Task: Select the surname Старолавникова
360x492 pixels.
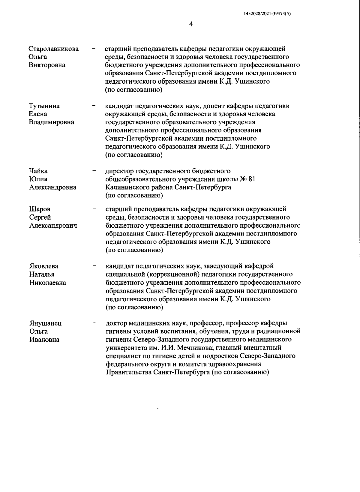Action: click(54, 49)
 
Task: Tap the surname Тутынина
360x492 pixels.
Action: click(44, 106)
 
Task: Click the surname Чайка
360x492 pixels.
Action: click(38, 171)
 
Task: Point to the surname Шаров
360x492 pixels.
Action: click(40, 209)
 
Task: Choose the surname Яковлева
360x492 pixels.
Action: click(44, 266)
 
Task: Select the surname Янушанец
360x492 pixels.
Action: click(46, 323)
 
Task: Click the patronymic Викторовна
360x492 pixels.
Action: click(47, 65)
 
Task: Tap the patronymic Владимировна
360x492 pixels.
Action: click(51, 122)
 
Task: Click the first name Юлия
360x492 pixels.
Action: click(38, 179)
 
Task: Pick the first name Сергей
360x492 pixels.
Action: click(40, 217)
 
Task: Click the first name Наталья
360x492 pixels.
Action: click(42, 274)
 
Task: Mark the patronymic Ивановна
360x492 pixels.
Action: click(44, 340)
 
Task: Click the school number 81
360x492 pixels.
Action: click(252, 179)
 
